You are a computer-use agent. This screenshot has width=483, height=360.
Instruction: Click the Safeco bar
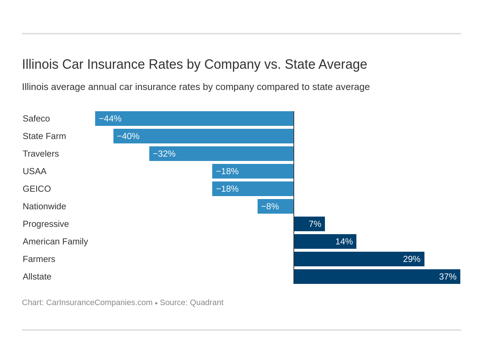point(194,119)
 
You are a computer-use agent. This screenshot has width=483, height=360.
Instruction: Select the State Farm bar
point(203,136)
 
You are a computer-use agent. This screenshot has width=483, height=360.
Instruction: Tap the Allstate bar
point(377,277)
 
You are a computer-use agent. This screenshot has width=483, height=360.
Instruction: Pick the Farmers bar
point(359,259)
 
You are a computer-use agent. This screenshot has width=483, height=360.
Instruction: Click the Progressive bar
point(309,224)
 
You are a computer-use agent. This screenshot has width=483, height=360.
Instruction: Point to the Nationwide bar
point(276,206)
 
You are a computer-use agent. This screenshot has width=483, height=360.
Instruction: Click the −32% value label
point(164,154)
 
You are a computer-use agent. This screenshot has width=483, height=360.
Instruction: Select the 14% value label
point(344,241)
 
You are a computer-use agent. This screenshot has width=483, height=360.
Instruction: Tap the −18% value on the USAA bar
point(227,171)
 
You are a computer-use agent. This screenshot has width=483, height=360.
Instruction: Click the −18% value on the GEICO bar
point(227,189)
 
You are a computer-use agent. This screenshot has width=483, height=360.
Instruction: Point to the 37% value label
point(448,277)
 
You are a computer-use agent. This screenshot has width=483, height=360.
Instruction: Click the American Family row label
point(55,241)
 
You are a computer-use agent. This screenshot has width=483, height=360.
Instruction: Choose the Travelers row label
point(41,154)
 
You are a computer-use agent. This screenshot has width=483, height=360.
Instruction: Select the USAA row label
point(34,171)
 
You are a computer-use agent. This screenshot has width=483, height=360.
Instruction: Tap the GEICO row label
point(37,189)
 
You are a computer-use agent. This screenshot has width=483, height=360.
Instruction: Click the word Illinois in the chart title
point(40,64)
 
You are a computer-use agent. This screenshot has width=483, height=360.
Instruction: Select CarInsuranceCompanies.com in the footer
point(99,303)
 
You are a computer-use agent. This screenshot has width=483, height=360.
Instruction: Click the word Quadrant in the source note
point(206,303)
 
